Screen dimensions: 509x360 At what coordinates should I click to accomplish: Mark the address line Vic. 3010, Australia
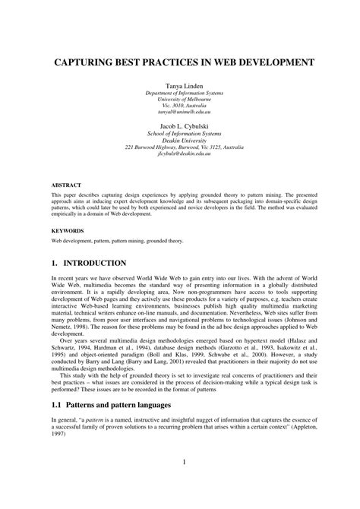click(x=179, y=103)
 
